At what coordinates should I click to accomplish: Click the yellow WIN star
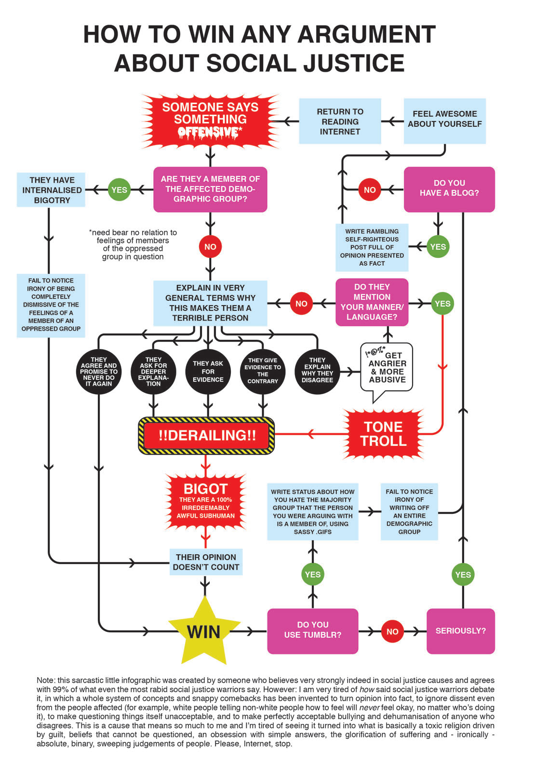(x=204, y=630)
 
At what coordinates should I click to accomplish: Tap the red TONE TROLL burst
(x=384, y=434)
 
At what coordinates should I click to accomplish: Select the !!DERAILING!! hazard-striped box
(x=206, y=436)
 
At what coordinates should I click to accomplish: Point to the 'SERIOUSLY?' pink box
(x=461, y=631)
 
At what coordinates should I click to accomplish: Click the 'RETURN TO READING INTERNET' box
(x=340, y=121)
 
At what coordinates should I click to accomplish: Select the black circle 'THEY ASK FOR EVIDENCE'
(x=208, y=372)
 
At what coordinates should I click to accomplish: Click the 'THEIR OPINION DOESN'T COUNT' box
(x=206, y=562)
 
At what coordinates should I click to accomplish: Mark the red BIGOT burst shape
(x=206, y=501)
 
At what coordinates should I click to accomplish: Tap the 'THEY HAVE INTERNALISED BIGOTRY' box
(x=51, y=190)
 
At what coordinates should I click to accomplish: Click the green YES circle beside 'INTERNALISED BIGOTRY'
(x=119, y=190)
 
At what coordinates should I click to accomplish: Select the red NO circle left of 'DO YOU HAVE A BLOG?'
(x=370, y=190)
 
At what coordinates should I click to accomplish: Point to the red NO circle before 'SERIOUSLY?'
(x=392, y=631)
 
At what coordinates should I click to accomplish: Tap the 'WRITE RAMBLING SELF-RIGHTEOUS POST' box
(x=372, y=247)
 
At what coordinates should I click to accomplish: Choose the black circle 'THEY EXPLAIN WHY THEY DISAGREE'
(x=317, y=371)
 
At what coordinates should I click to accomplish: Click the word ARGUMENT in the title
(x=367, y=35)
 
